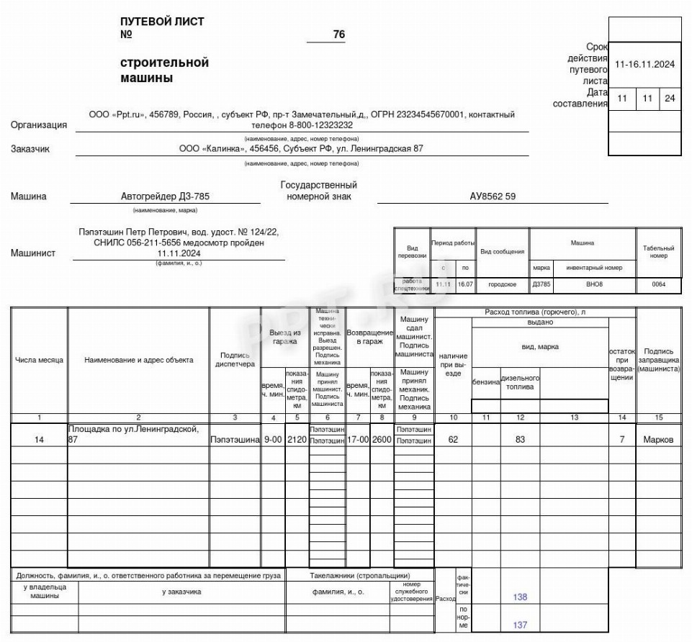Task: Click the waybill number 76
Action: [x=339, y=35]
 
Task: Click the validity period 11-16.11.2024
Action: [x=644, y=64]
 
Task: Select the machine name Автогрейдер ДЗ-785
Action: [x=166, y=196]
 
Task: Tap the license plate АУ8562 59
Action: [x=493, y=196]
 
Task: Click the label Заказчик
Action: [x=30, y=150]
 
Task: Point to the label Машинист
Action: [x=33, y=253]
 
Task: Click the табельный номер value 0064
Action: [x=659, y=285]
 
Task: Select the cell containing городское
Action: [x=502, y=285]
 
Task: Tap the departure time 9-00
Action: [x=272, y=440]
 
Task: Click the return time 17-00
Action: [x=357, y=440]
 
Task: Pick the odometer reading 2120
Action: [x=297, y=440]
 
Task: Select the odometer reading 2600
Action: [x=381, y=440]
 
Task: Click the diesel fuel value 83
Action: [x=520, y=440]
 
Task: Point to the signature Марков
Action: [x=659, y=440]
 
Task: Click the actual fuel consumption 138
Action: [x=520, y=597]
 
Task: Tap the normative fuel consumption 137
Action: [x=520, y=625]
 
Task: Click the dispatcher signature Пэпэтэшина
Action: [x=235, y=440]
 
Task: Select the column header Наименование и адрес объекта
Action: [x=138, y=360]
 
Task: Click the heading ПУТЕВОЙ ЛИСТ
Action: [x=162, y=22]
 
